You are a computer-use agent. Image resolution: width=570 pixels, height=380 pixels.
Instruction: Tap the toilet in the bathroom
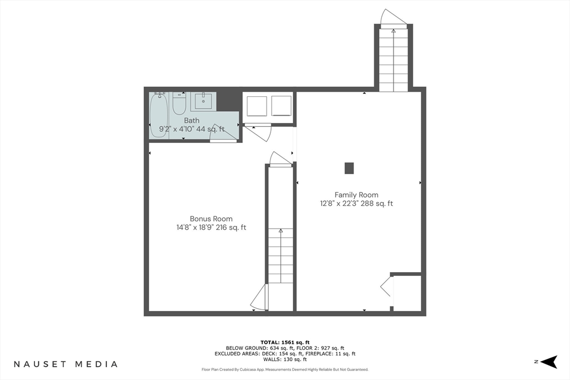click(179, 103)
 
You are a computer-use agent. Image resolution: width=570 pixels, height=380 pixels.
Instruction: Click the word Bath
click(191, 120)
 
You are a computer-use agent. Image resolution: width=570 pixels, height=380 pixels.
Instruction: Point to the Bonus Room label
click(211, 219)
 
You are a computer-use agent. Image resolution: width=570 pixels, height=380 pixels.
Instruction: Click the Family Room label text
click(356, 195)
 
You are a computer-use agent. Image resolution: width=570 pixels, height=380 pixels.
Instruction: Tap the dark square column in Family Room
click(349, 168)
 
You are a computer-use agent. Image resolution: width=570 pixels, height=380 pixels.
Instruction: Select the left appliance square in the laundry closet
click(257, 106)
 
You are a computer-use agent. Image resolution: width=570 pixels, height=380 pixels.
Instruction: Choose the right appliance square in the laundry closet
click(281, 106)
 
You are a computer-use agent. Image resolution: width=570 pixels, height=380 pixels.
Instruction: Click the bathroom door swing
click(223, 140)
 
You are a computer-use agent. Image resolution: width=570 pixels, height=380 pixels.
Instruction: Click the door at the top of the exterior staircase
click(393, 18)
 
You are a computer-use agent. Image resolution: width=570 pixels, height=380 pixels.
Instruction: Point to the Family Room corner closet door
click(387, 288)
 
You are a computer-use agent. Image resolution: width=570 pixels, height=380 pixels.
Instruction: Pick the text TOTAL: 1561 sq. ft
click(285, 342)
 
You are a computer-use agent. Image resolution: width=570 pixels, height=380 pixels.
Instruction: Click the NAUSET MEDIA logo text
click(66, 364)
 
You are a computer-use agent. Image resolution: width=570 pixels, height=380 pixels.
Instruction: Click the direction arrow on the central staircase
click(281, 231)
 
